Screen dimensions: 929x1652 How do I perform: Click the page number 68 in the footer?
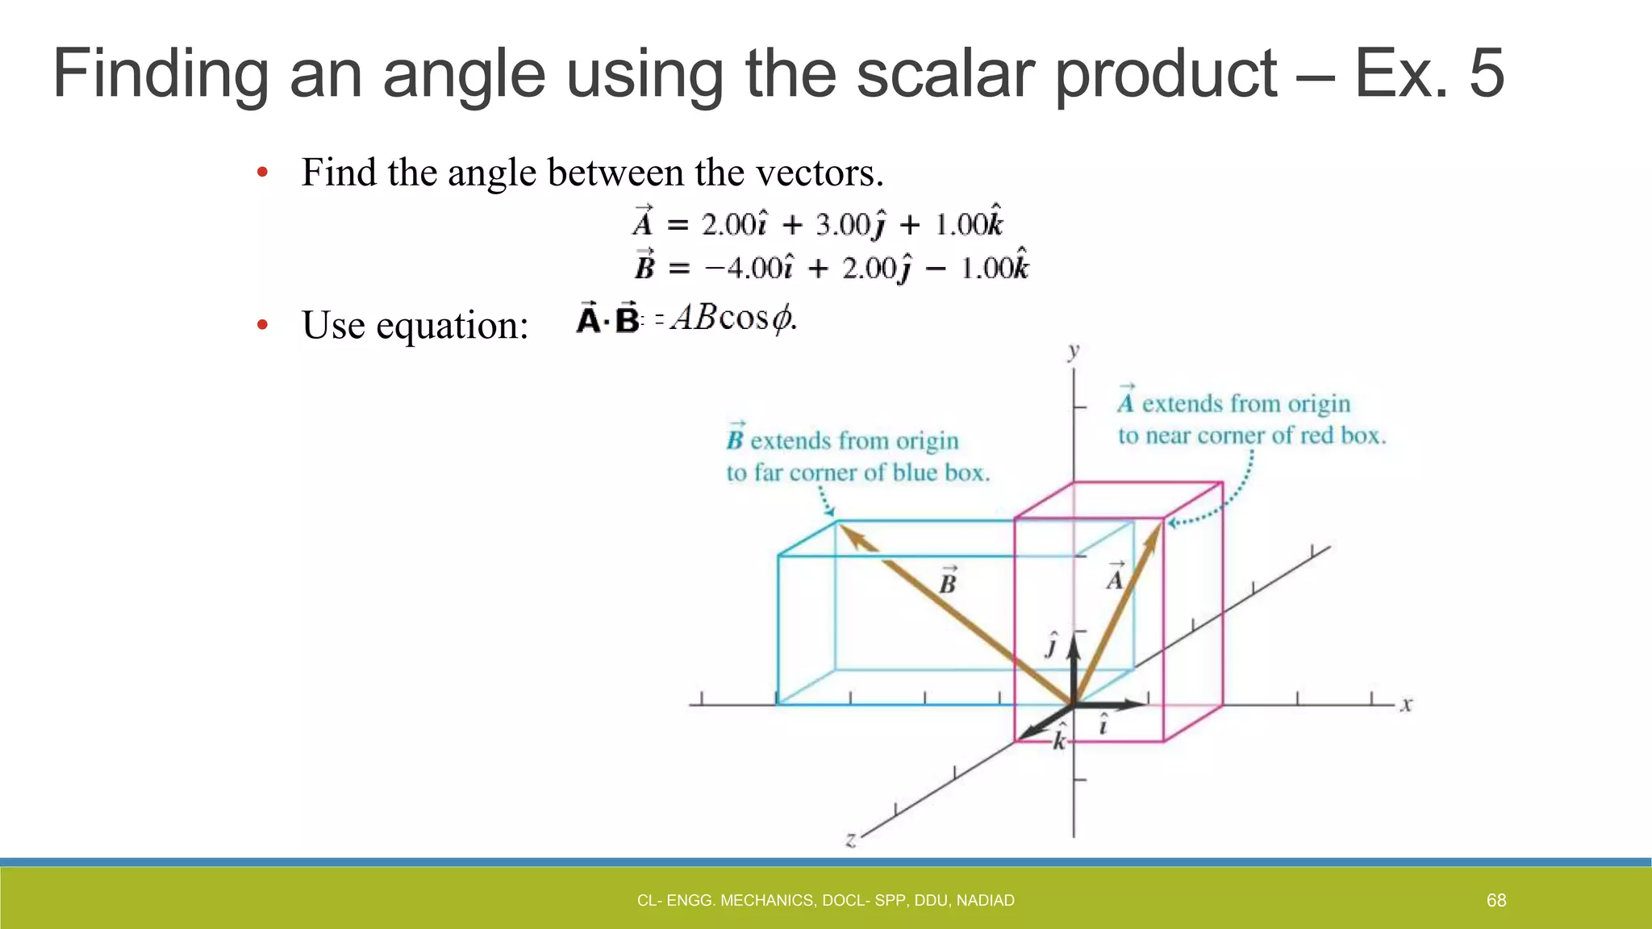point(1496,900)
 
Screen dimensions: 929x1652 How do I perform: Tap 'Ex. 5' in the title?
point(1429,73)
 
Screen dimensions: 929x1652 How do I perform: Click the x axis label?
point(1406,704)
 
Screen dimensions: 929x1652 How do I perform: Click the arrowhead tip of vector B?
point(839,525)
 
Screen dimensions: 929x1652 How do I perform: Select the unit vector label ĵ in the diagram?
point(1051,645)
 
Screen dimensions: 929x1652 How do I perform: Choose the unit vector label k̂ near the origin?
point(1060,737)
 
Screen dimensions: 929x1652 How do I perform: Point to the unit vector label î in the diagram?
point(1103,724)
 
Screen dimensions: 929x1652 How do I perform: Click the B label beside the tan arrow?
point(948,581)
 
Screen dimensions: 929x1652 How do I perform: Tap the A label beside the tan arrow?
point(1116,577)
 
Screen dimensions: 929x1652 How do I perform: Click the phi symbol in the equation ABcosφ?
point(781,319)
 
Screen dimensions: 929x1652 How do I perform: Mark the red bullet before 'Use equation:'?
point(262,325)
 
